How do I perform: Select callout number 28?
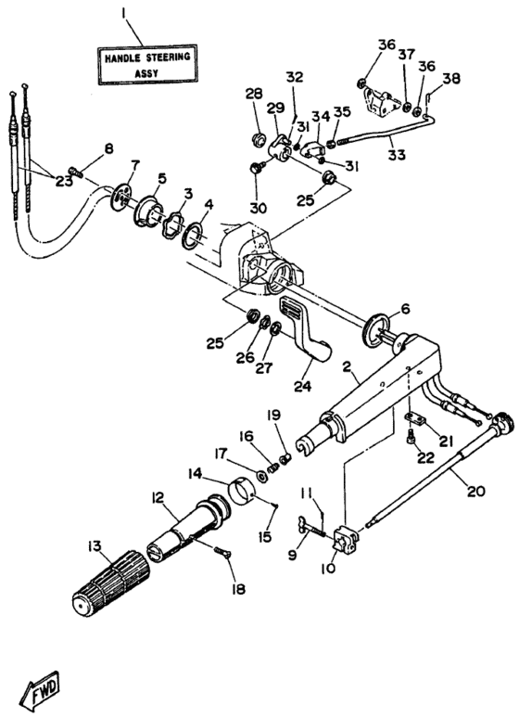coord(253,94)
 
